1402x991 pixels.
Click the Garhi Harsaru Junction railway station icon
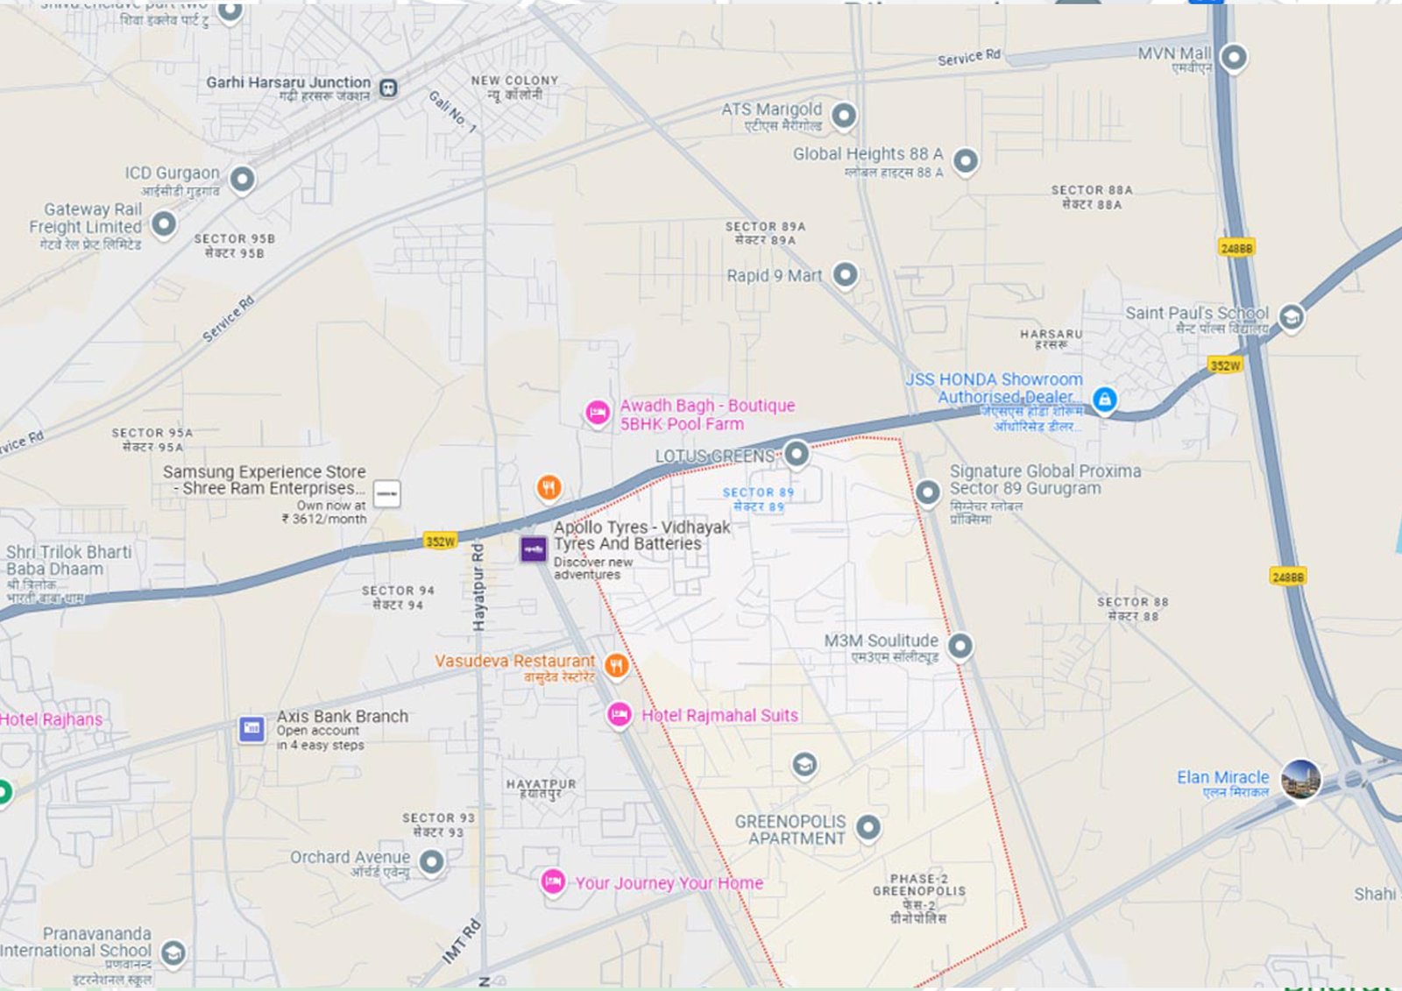pyautogui.click(x=388, y=88)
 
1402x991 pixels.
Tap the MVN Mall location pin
pyautogui.click(x=1234, y=58)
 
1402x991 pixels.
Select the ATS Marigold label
pyautogui.click(x=771, y=110)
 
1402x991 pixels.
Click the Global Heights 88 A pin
pyautogui.click(x=965, y=160)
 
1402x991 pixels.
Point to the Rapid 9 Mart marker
pyautogui.click(x=845, y=274)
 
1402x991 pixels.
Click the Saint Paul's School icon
pyautogui.click(x=1290, y=316)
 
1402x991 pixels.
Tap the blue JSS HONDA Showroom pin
pyautogui.click(x=1104, y=400)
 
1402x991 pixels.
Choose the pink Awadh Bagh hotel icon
pyautogui.click(x=598, y=412)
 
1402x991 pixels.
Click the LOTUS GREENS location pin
pyautogui.click(x=796, y=454)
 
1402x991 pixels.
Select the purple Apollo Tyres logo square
pyautogui.click(x=534, y=549)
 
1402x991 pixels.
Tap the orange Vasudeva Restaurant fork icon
pyautogui.click(x=616, y=666)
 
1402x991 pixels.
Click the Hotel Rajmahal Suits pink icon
pyautogui.click(x=620, y=715)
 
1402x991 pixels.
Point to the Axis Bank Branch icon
pyautogui.click(x=251, y=728)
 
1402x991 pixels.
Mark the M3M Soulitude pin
pyautogui.click(x=960, y=646)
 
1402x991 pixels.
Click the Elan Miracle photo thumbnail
pyautogui.click(x=1300, y=778)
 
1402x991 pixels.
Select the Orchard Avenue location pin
pyautogui.click(x=430, y=862)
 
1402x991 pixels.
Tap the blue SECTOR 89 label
pyautogui.click(x=758, y=493)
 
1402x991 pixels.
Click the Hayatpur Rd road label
pyautogui.click(x=478, y=587)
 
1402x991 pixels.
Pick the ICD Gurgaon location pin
pyautogui.click(x=242, y=179)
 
